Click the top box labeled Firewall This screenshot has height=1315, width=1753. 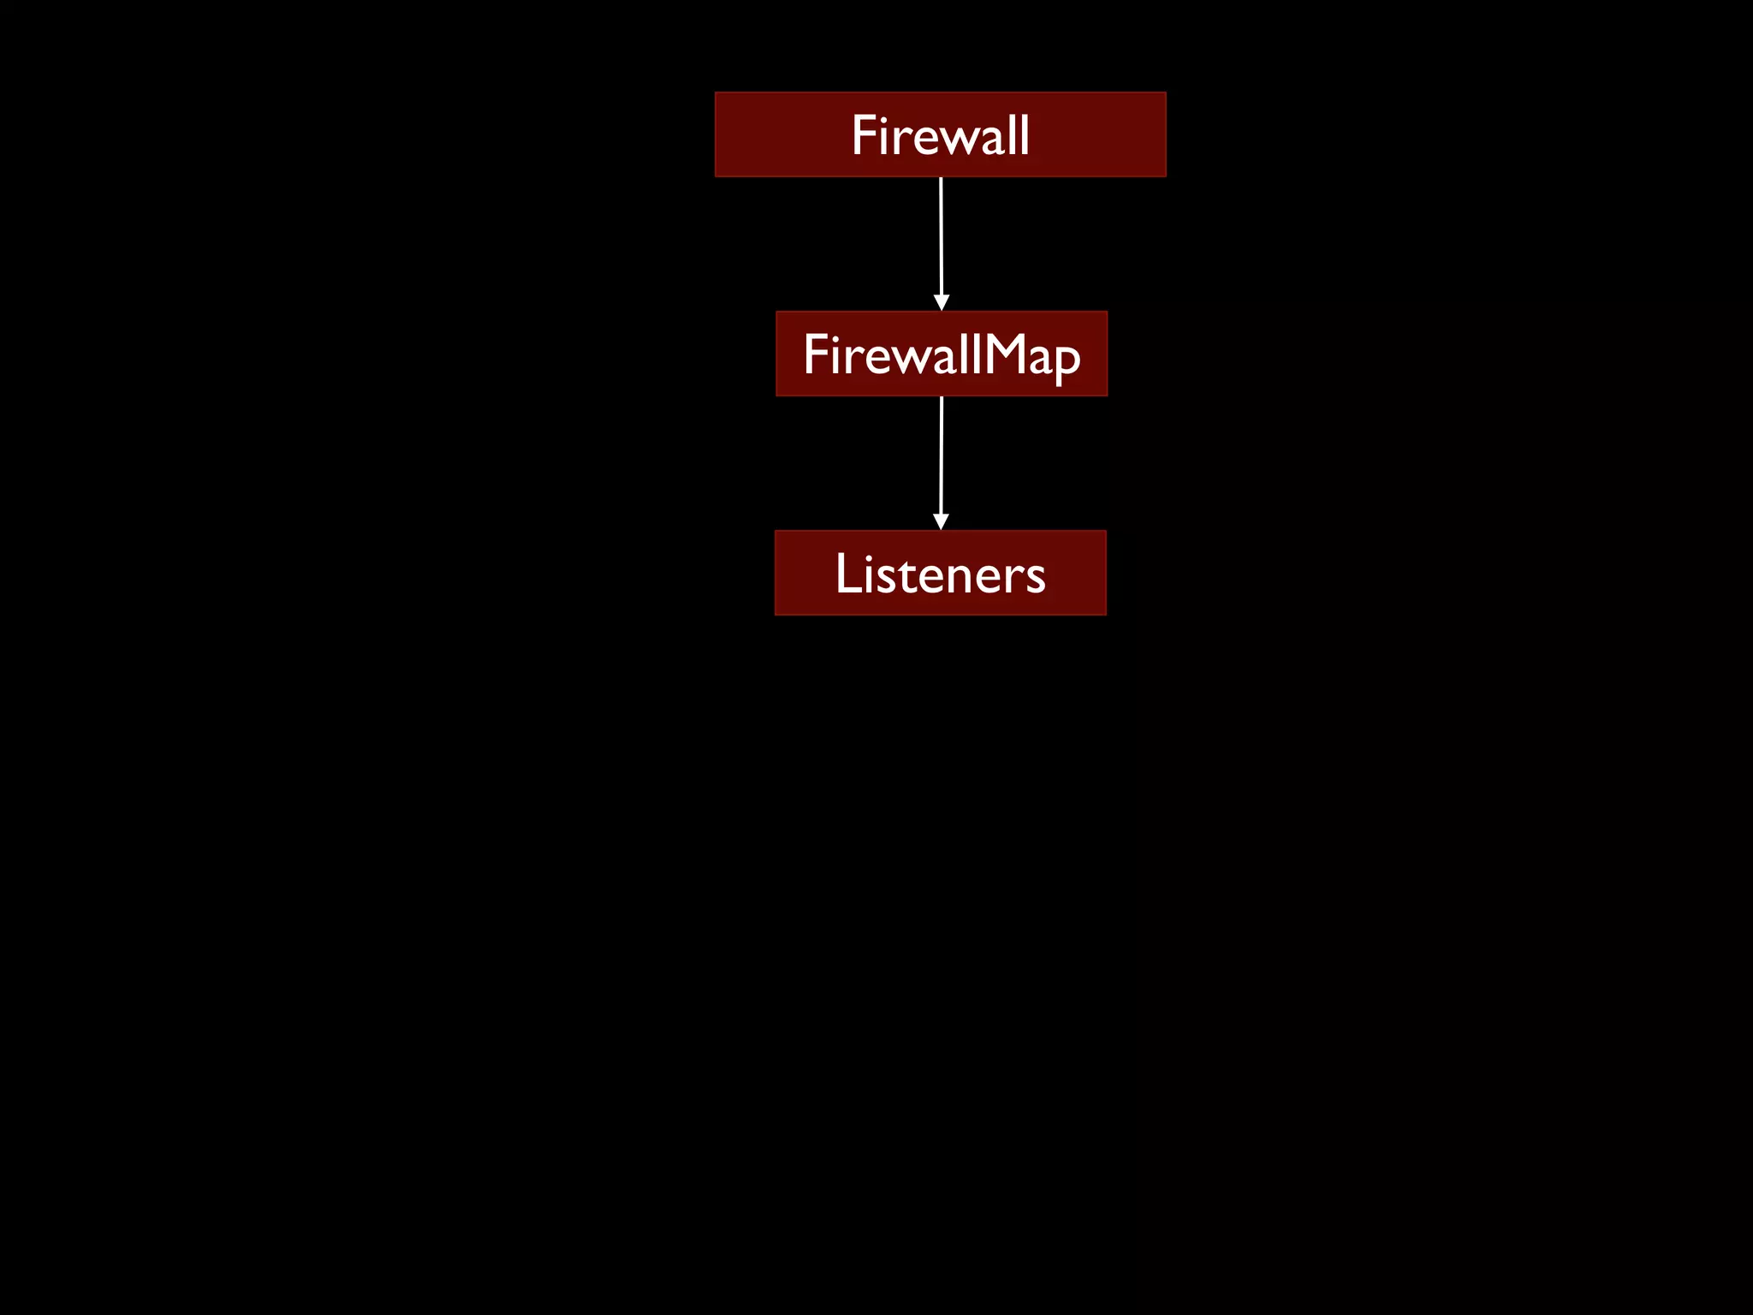coord(940,134)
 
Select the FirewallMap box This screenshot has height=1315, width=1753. coord(941,354)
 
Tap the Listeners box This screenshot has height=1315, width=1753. coord(940,573)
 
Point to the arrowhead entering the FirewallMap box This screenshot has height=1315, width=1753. coord(942,303)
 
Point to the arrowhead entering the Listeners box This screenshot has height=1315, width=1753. coord(941,522)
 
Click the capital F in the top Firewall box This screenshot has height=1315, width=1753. coord(864,135)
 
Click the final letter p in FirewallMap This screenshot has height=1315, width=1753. coord(1067,360)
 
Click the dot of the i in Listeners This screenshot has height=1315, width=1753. coord(866,555)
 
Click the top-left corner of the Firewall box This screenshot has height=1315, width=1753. coord(716,92)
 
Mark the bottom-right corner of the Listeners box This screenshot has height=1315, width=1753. coord(1106,615)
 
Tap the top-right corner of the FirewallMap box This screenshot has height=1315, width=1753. coord(1107,312)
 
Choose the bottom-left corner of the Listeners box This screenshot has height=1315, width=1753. coord(775,615)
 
